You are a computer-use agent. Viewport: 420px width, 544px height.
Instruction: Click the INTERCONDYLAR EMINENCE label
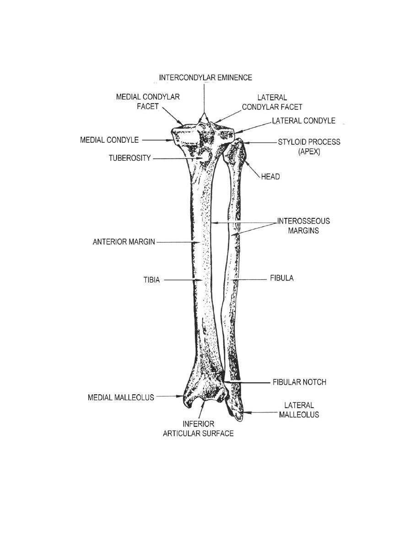pos(205,77)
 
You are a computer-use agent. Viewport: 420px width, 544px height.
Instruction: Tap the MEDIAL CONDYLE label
pos(109,140)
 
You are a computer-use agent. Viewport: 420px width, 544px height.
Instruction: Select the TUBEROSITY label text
pos(130,158)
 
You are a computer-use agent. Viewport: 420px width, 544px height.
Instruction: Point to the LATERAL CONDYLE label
pos(304,121)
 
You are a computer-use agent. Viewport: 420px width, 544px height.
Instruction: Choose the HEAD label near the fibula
pos(270,177)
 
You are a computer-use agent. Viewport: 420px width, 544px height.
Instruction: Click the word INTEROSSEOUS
pos(304,221)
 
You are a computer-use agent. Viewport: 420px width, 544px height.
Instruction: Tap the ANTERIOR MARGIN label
pos(124,242)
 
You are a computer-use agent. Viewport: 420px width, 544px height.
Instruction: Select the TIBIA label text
pos(152,280)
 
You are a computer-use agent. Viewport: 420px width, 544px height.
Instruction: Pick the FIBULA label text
pos(282,278)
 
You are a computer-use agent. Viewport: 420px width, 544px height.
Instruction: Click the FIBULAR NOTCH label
pos(299,382)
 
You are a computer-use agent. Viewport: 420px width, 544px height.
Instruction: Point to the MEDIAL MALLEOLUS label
pos(121,397)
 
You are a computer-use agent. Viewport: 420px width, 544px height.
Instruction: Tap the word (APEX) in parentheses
pos(309,152)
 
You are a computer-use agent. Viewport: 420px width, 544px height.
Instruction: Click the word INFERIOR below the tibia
pos(198,424)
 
